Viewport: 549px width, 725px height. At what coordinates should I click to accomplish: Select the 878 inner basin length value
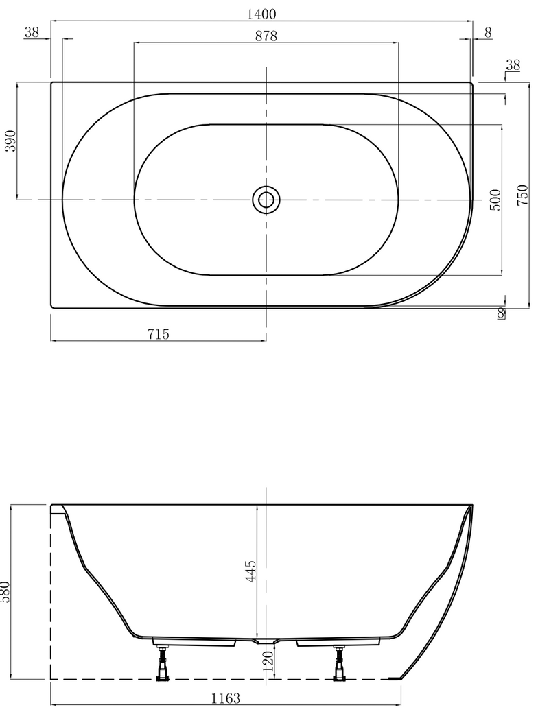pos(265,37)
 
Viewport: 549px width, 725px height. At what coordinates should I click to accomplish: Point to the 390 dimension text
pos(11,141)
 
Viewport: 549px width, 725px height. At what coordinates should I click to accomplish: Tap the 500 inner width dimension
pos(496,199)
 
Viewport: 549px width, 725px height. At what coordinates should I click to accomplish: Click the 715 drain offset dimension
pos(158,334)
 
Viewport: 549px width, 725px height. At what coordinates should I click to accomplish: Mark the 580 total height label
pos(5,592)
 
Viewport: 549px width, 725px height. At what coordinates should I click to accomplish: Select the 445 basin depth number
pos(250,571)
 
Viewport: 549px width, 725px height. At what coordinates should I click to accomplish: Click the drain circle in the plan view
pos(266,200)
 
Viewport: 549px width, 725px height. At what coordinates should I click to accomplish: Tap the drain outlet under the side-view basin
pos(266,642)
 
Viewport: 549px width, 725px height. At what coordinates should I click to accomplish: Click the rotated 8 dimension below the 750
pos(501,313)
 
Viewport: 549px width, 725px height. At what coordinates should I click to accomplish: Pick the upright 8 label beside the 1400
pos(487,32)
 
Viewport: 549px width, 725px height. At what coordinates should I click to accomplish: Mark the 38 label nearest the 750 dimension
pos(513,65)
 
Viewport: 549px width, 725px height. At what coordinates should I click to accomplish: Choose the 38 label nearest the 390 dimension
pos(31,32)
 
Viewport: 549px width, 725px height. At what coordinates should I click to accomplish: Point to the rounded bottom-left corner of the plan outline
pos(54,305)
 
